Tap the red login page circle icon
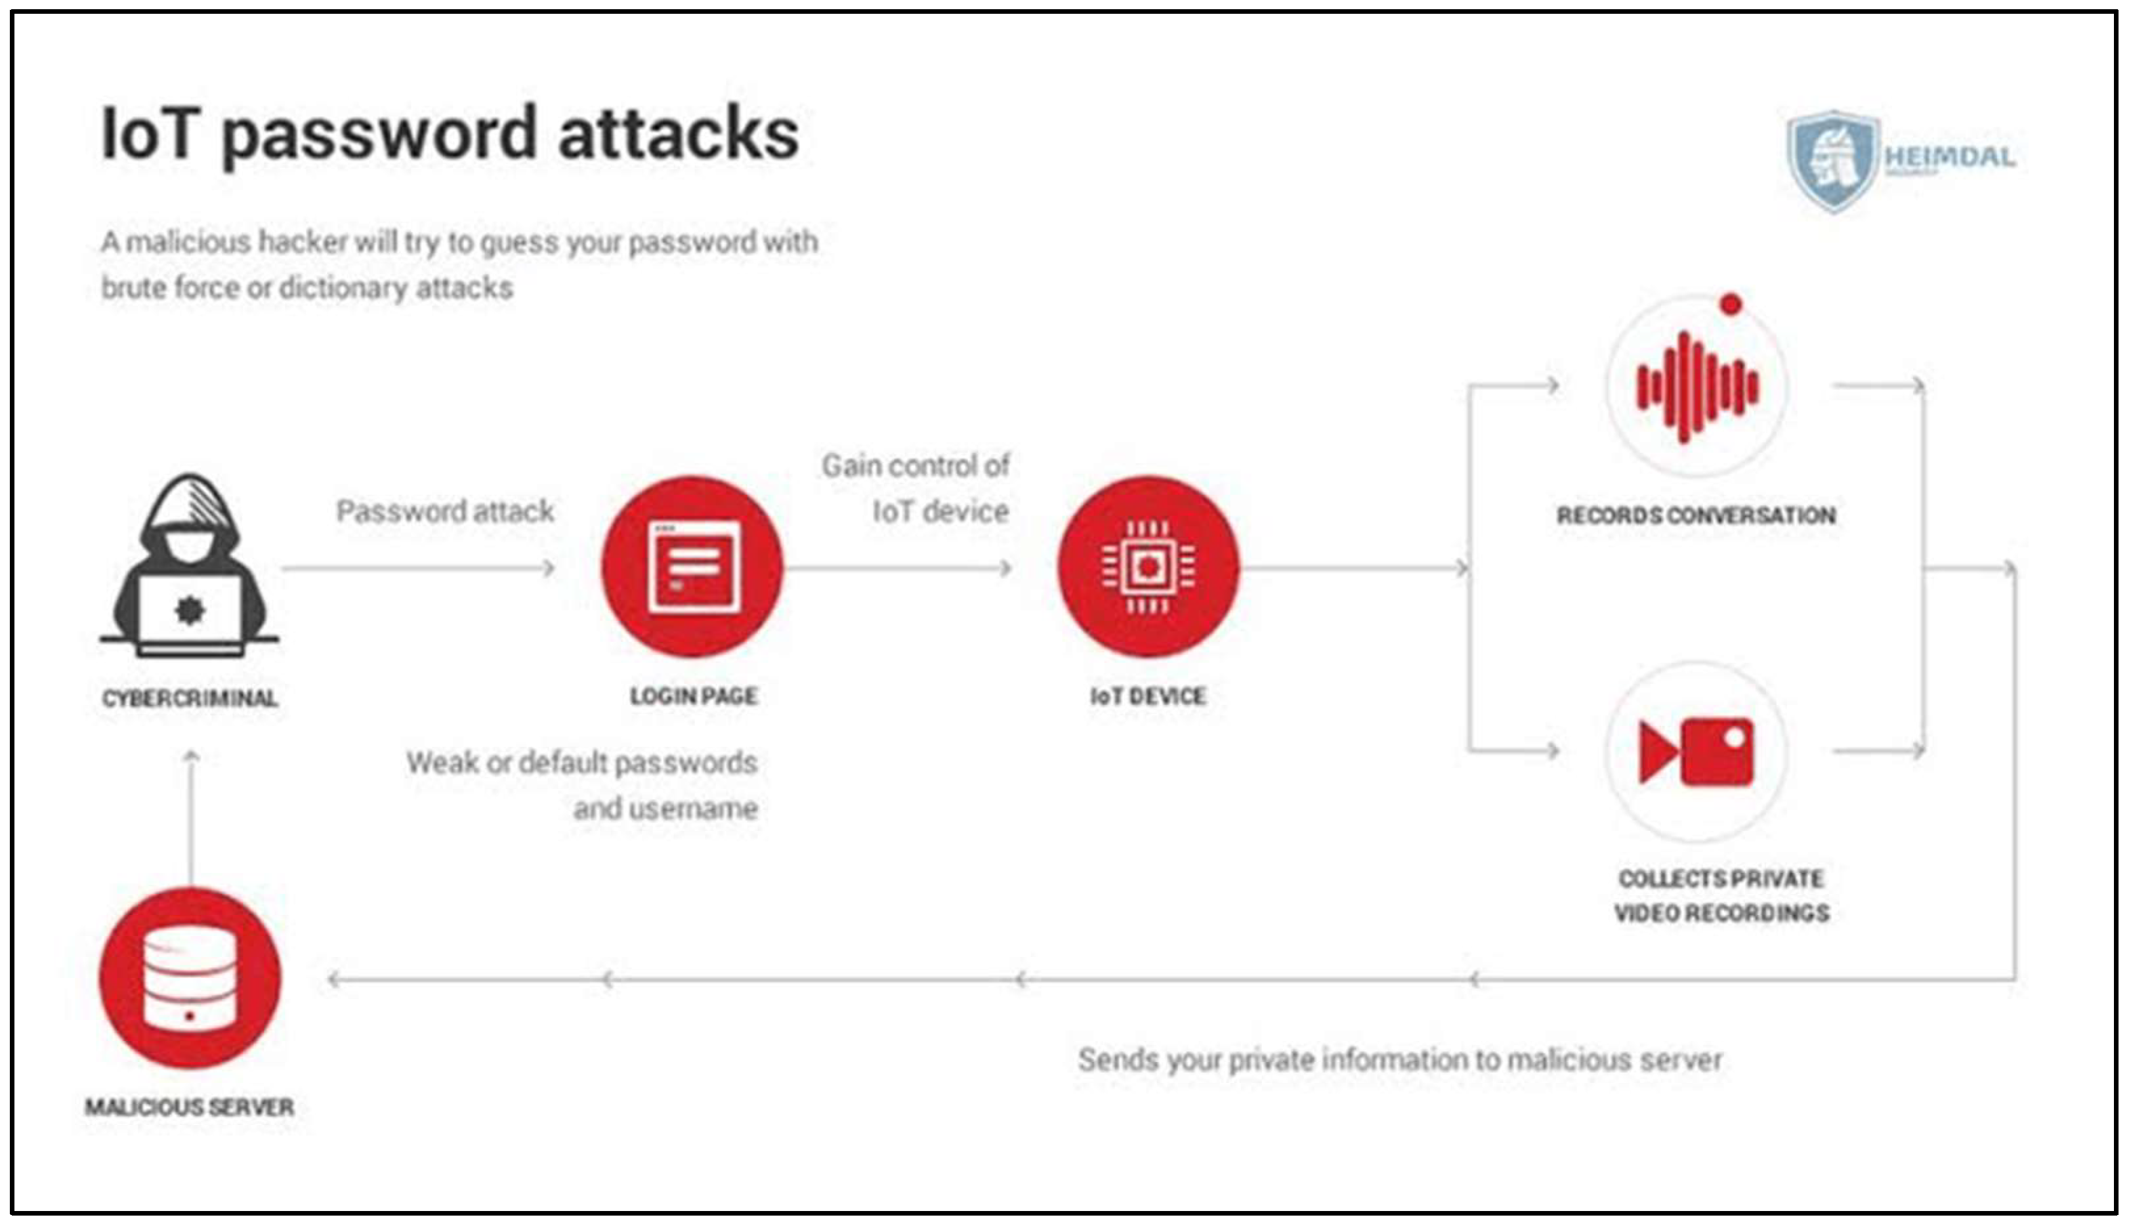tap(692, 566)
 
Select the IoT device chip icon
tap(1147, 566)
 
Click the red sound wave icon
tap(1697, 387)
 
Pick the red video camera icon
tap(1697, 751)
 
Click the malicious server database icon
tap(190, 979)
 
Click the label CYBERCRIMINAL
tap(190, 698)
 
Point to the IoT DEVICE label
tap(1147, 696)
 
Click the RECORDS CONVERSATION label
tap(1697, 515)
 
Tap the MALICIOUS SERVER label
tap(190, 1107)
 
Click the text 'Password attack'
tap(445, 511)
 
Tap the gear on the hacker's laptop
tap(190, 610)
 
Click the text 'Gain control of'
tap(916, 465)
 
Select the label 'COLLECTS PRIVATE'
tap(1721, 879)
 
